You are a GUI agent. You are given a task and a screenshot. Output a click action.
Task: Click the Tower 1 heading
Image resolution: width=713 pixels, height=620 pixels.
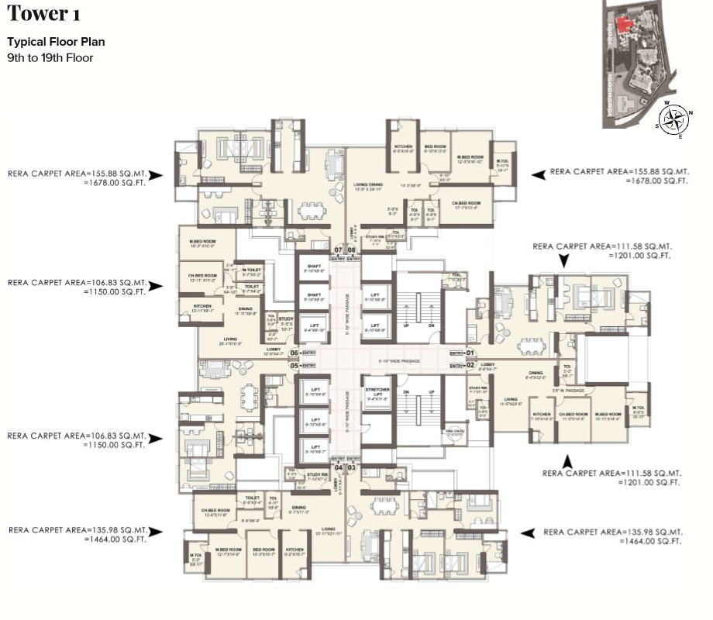43,13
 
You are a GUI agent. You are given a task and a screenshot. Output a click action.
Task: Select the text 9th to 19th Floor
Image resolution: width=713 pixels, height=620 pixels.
50,57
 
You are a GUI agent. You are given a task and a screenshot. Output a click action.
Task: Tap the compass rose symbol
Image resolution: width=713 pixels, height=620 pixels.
673,119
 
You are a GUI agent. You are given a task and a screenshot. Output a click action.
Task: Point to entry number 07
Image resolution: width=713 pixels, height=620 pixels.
337,250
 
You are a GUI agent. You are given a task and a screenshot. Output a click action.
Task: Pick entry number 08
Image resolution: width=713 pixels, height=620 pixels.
351,250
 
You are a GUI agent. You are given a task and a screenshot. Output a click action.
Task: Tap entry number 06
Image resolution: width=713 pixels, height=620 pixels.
294,353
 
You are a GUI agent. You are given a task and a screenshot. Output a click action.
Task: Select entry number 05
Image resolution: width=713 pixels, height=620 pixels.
294,365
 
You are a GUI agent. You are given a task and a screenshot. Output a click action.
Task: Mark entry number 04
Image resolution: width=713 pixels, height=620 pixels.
338,468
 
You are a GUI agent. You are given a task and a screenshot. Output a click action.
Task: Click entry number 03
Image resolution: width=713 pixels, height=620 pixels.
351,468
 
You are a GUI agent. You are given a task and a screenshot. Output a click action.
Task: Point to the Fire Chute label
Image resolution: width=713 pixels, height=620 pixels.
453,432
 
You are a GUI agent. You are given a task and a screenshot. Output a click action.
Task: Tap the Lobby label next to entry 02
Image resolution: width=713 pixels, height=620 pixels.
487,364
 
